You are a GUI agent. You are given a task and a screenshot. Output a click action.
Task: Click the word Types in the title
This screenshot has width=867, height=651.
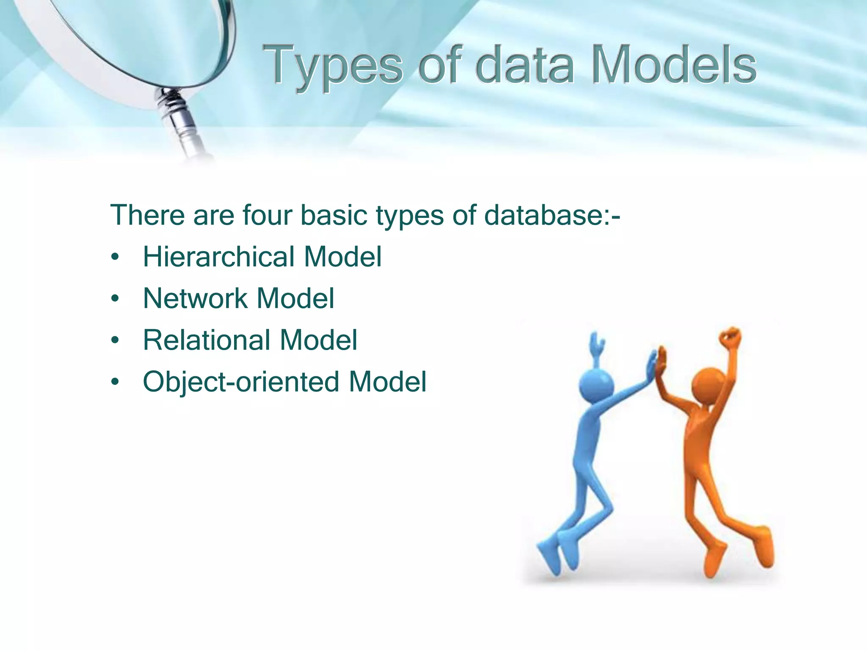tap(332, 66)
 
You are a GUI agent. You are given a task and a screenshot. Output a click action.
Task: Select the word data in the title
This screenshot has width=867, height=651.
tap(525, 66)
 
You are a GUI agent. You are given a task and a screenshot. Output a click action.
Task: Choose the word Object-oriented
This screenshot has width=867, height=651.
tap(241, 381)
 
